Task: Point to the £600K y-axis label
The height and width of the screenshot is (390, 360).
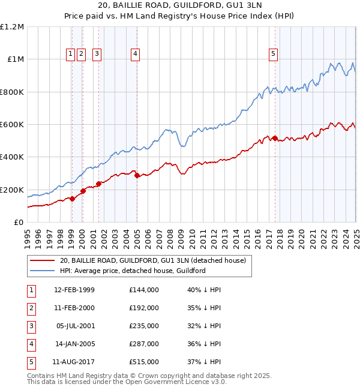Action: pyautogui.click(x=12, y=125)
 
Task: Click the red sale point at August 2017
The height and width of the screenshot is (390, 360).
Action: pyautogui.click(x=275, y=139)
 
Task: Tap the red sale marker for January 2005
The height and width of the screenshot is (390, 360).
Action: pyautogui.click(x=137, y=176)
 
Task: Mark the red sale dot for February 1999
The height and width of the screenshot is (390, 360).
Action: pyautogui.click(x=72, y=199)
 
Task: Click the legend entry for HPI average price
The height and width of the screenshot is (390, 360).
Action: pyautogui.click(x=133, y=271)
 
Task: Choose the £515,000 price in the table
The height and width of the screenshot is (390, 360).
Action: pyautogui.click(x=144, y=362)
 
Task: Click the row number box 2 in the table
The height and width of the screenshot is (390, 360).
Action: pyautogui.click(x=31, y=308)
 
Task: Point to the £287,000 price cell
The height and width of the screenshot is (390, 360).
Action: pyautogui.click(x=144, y=344)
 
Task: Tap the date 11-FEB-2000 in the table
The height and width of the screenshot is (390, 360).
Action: pyautogui.click(x=74, y=308)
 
